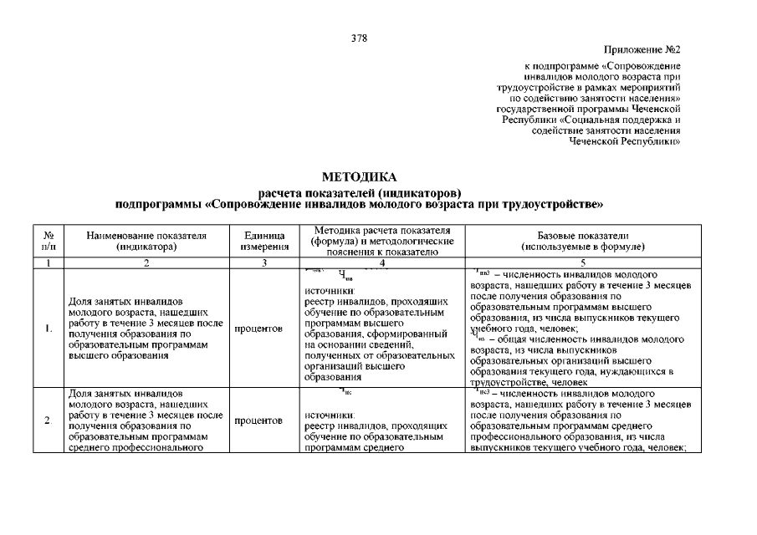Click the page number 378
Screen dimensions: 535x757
pos(360,38)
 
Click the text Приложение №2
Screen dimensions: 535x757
pos(641,50)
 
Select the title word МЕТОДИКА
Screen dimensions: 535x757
pos(360,176)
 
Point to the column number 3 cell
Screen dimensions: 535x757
pos(264,263)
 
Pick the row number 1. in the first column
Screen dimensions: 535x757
pos(49,328)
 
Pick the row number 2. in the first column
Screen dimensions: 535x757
pos(49,420)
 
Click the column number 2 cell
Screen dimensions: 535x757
pos(146,263)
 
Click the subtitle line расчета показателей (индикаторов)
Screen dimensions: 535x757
pos(360,191)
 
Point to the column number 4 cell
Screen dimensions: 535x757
pos(381,263)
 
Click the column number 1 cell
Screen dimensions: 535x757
pos(49,263)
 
